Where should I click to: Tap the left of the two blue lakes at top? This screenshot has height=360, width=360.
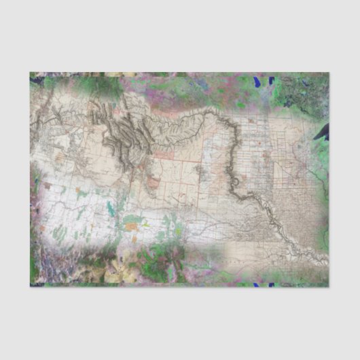[x=257, y=82]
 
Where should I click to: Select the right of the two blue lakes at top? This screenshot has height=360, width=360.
[x=271, y=80]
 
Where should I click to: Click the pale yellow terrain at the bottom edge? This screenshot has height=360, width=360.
[x=112, y=272]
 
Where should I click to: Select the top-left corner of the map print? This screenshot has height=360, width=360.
[x=30, y=73]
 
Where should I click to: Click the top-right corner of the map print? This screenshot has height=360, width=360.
[x=329, y=73]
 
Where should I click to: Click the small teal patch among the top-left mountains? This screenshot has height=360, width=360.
[x=82, y=115]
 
